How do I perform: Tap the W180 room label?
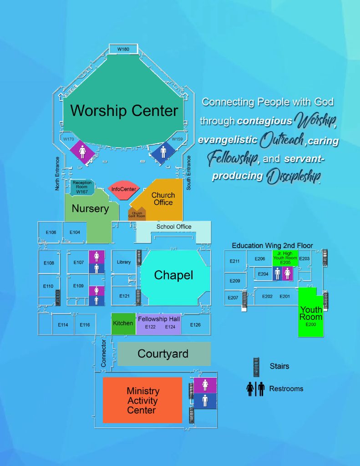pyautogui.click(x=124, y=49)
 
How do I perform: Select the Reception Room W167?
pyautogui.click(x=82, y=187)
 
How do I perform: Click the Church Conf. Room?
pyautogui.click(x=137, y=213)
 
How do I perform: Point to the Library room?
pyautogui.click(x=124, y=262)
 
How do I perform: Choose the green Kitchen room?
pyautogui.click(x=123, y=324)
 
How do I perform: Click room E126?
pyautogui.click(x=195, y=324)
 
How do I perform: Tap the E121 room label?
pyautogui.click(x=124, y=296)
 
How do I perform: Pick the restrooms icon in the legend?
pyautogui.click(x=255, y=389)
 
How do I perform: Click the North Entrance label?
pyautogui.click(x=57, y=173)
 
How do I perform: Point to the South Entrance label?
pyautogui.click(x=189, y=173)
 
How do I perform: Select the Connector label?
pyautogui.click(x=104, y=353)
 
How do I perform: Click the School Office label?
pyautogui.click(x=174, y=227)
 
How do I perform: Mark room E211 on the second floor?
pyautogui.click(x=235, y=261)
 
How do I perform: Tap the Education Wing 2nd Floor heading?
pyautogui.click(x=272, y=246)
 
